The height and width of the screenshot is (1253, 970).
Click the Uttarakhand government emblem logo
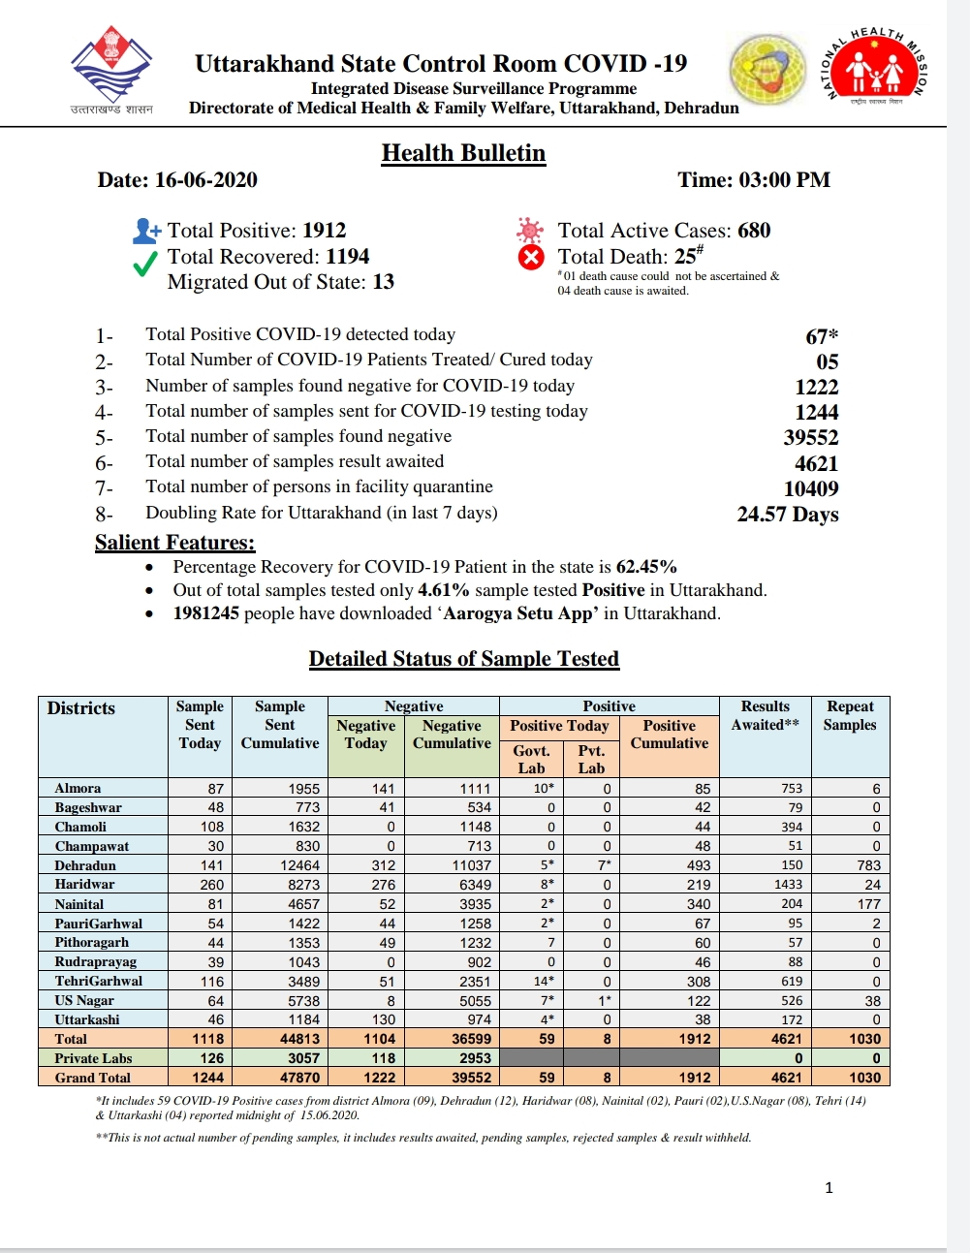[x=111, y=66]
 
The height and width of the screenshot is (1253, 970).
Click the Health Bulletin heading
[x=463, y=153]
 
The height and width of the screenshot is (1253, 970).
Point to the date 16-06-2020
[x=205, y=180]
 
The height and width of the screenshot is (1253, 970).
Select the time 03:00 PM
[x=784, y=180]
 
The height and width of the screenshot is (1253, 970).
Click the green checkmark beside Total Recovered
[x=145, y=264]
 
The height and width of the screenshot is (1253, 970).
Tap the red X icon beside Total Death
[x=531, y=258]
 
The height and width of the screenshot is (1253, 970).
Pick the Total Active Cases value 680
[x=754, y=231]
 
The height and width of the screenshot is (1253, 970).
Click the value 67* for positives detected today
[x=822, y=336]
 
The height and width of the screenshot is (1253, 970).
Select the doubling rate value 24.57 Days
[x=788, y=514]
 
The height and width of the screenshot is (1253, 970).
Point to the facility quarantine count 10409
[x=811, y=488]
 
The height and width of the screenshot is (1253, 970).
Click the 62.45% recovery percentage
[x=646, y=567]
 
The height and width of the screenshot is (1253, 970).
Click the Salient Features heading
[x=174, y=543]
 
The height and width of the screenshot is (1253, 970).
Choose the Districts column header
[x=81, y=708]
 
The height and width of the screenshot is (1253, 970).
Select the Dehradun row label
[x=85, y=865]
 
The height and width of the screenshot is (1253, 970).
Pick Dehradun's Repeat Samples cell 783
[x=868, y=865]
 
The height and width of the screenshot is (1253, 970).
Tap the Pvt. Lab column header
[x=591, y=759]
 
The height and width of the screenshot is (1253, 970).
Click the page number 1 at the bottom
[x=829, y=1188]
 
